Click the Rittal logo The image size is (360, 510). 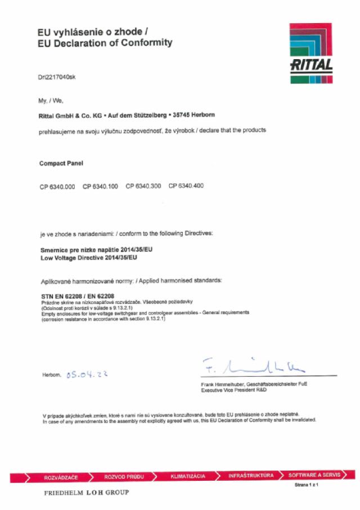pyautogui.click(x=311, y=53)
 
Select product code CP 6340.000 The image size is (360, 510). pyautogui.click(x=57, y=186)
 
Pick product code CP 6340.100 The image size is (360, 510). pyautogui.click(x=100, y=186)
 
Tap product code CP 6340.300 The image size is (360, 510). pyautogui.click(x=143, y=186)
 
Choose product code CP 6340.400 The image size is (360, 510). pyautogui.click(x=186, y=186)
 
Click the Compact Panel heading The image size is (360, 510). pyautogui.click(x=61, y=164)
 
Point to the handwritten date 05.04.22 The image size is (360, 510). pyautogui.click(x=87, y=374)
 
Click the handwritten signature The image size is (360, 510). pyautogui.click(x=253, y=366)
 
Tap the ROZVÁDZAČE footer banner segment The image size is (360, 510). pyautogui.click(x=61, y=477)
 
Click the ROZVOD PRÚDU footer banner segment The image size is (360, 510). pyautogui.click(x=124, y=477)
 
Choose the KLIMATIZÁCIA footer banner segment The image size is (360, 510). pyautogui.click(x=188, y=476)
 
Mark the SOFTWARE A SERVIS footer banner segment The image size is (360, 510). pyautogui.click(x=314, y=475)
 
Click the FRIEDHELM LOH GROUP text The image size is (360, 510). pyautogui.click(x=86, y=493)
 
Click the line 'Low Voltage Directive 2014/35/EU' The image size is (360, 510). pyautogui.click(x=89, y=258)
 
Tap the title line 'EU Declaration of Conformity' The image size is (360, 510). pyautogui.click(x=105, y=43)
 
